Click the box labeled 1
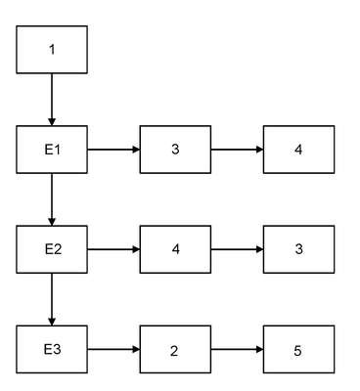(x=52, y=50)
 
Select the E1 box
(x=52, y=150)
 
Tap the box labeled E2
(x=52, y=249)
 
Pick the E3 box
(x=52, y=349)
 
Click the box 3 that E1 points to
(x=175, y=150)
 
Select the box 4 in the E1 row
(x=298, y=150)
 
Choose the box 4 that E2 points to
(x=175, y=249)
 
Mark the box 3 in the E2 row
(x=298, y=249)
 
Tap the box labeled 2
(x=175, y=349)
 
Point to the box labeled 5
(x=298, y=349)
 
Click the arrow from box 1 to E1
(x=52, y=100)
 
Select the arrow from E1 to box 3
(x=113, y=150)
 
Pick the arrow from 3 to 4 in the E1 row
(x=237, y=150)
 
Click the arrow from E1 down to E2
(x=52, y=199)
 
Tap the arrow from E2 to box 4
(x=113, y=249)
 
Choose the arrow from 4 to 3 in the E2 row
(x=237, y=249)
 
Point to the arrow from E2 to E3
(x=52, y=299)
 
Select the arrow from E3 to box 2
(x=113, y=350)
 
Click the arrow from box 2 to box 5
(x=237, y=350)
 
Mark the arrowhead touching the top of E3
(x=52, y=322)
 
